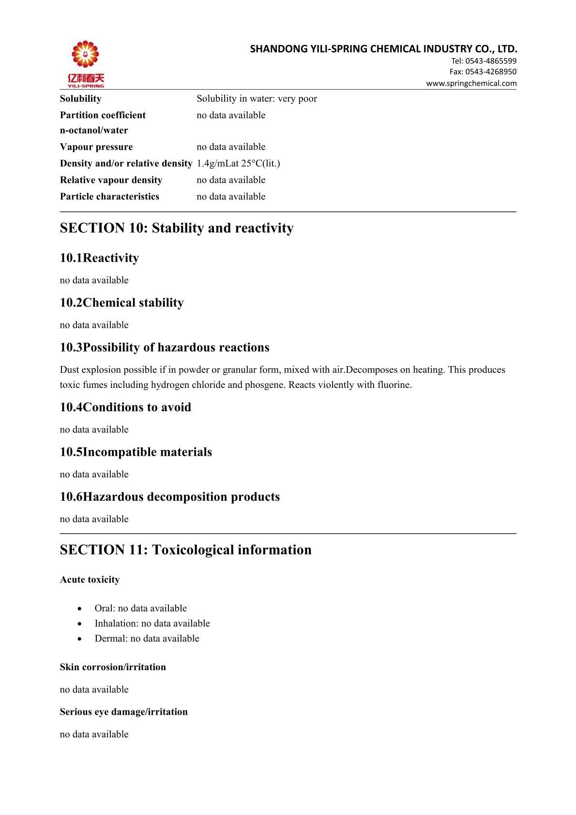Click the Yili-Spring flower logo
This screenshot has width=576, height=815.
[x=85, y=55]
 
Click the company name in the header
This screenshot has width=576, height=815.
[x=383, y=49]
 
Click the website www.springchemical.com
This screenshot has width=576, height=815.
[x=471, y=83]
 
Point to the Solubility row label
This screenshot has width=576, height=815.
[x=81, y=99]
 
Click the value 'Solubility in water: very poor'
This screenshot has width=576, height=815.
[x=257, y=99]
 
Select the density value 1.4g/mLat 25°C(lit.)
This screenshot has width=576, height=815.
[x=238, y=164]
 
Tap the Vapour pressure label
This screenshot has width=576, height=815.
[x=96, y=147]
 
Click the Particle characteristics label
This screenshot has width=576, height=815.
[x=109, y=197]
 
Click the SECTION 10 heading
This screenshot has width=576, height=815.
[x=177, y=228]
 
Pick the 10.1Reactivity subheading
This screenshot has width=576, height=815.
[x=99, y=258]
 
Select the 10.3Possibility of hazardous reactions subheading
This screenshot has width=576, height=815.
[x=165, y=348]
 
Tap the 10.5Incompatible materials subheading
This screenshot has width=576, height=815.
[x=136, y=452]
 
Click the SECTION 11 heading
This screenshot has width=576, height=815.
[x=185, y=550]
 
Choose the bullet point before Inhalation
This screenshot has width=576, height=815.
[x=80, y=624]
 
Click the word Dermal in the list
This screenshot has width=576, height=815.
[x=111, y=639]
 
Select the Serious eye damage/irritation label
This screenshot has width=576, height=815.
[x=124, y=712]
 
